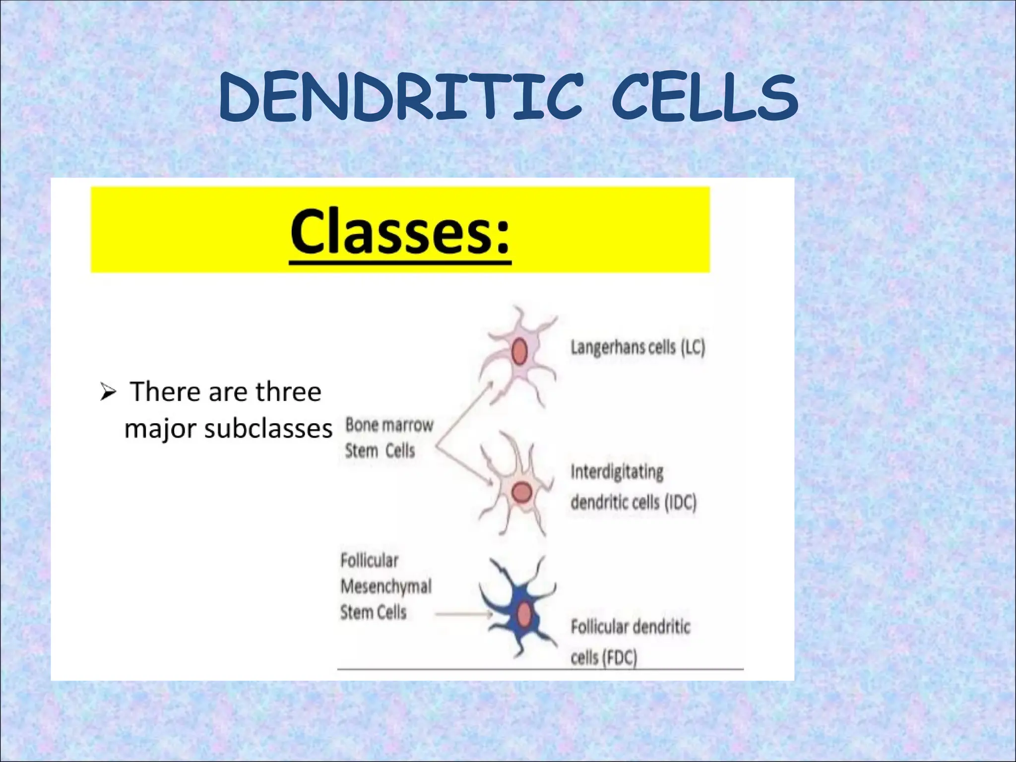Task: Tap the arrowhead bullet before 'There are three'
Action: coord(108,393)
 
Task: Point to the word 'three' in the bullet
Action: coord(288,392)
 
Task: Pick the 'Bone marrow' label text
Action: coord(389,425)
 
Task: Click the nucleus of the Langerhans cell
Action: coord(519,351)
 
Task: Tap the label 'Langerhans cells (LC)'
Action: coord(637,347)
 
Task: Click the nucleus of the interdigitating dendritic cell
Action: coord(521,493)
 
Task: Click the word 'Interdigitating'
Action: coord(617,472)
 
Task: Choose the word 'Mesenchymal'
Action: coord(386,587)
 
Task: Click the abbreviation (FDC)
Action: coord(620,658)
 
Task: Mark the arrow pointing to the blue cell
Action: coord(464,615)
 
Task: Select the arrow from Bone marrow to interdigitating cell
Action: coord(464,465)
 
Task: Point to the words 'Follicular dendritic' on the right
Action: coord(630,627)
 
